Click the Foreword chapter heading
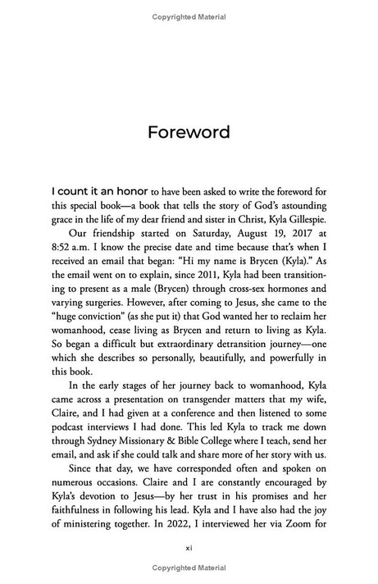click(189, 131)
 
